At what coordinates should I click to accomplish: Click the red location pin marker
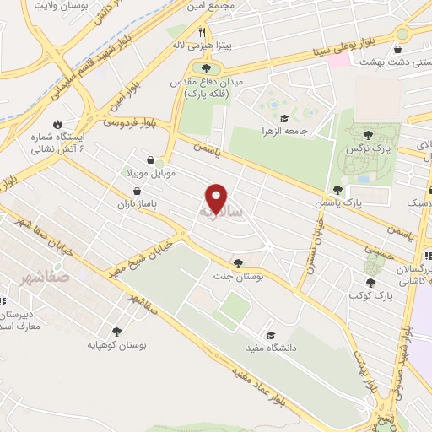coord(218,198)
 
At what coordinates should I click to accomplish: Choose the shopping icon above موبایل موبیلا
coord(149,159)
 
